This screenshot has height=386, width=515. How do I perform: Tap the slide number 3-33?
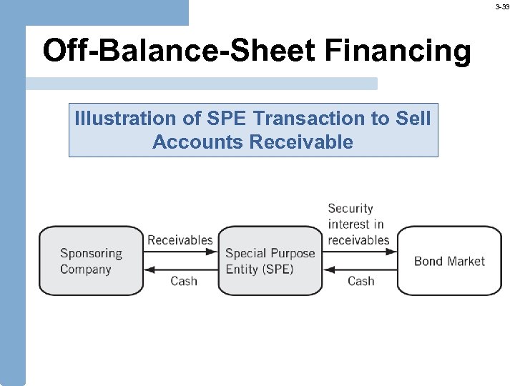click(x=503, y=6)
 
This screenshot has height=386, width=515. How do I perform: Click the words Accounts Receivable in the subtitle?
click(x=252, y=142)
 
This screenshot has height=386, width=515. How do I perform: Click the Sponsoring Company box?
click(x=91, y=261)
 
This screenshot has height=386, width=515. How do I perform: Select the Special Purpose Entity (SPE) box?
click(x=270, y=261)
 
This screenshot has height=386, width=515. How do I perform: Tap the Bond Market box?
click(x=449, y=261)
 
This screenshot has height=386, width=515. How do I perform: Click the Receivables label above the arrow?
click(x=180, y=240)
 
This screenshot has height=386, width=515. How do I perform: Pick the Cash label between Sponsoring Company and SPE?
click(x=184, y=281)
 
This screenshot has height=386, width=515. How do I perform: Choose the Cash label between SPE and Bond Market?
click(x=360, y=281)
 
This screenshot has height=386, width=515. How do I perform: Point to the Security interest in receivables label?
click(x=358, y=224)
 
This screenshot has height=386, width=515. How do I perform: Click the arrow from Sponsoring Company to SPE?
click(x=180, y=251)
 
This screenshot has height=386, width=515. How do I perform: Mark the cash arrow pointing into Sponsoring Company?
click(x=180, y=270)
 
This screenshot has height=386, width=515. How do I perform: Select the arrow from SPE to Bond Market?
click(x=360, y=251)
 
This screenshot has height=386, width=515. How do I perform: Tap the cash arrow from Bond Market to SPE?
click(x=360, y=270)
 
